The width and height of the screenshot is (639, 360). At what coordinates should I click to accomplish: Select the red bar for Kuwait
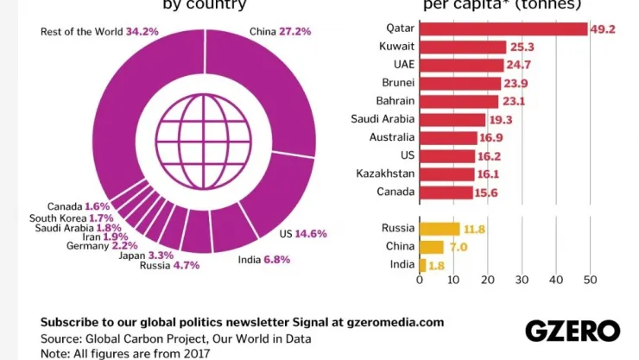click(462, 47)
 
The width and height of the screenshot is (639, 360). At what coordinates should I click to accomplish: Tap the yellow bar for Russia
click(440, 229)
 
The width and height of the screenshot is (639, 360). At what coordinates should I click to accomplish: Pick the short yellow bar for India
click(422, 265)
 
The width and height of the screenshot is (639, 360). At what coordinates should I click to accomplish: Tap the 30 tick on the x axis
click(522, 280)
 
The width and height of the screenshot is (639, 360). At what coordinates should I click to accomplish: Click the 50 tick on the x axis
click(590, 280)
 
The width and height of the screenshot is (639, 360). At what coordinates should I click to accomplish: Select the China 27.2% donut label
click(281, 32)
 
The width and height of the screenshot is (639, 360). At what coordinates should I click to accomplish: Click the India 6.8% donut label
click(264, 259)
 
